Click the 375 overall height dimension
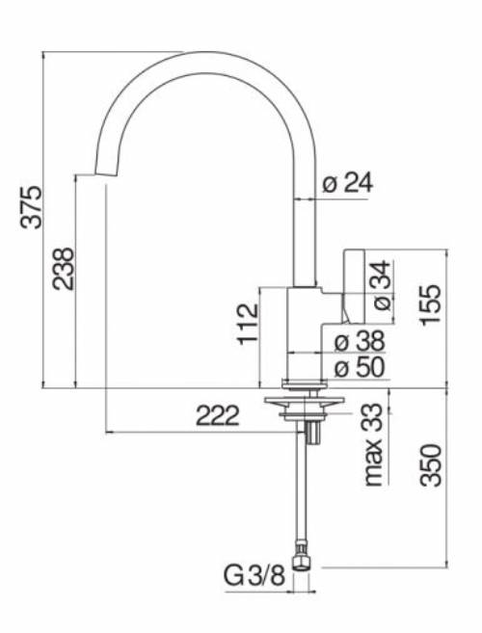tap(33, 206)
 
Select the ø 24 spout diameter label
tap(348, 183)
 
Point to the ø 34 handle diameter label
tap(381, 285)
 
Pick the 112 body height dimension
tap(248, 325)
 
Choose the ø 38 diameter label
tap(359, 340)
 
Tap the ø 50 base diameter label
tap(359, 367)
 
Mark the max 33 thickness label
tap(374, 444)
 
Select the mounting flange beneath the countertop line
tap(305, 403)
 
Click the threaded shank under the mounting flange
tap(311, 430)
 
